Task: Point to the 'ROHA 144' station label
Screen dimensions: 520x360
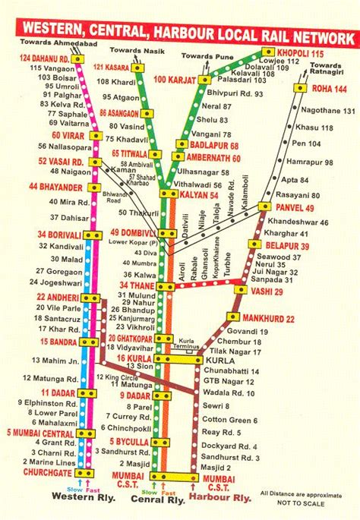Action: [330, 89]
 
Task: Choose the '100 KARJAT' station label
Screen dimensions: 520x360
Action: [174, 80]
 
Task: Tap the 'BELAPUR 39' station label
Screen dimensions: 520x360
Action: [287, 246]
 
